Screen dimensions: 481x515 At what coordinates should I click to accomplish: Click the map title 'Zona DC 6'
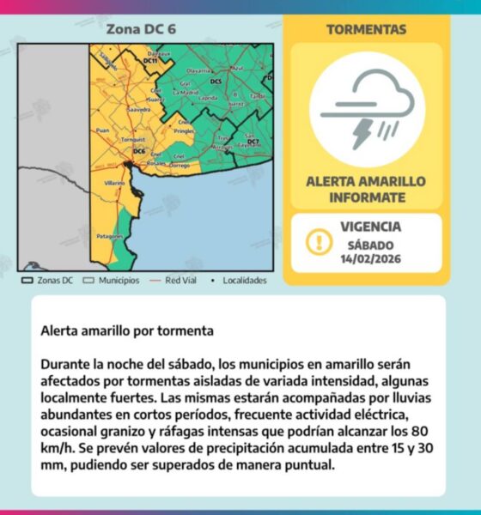(x=141, y=28)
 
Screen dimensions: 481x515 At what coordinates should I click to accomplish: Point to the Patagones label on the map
(x=110, y=235)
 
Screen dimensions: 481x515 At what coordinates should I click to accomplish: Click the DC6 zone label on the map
(x=139, y=152)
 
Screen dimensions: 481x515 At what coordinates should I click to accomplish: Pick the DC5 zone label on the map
(x=216, y=82)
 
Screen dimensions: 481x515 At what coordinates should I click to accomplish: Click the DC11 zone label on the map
(x=150, y=61)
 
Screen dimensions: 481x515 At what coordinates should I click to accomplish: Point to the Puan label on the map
(x=103, y=130)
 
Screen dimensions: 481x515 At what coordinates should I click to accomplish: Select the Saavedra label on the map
(x=137, y=111)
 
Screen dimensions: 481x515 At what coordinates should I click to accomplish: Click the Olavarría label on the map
(x=199, y=70)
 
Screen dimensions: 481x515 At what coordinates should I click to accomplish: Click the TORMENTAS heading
(x=367, y=29)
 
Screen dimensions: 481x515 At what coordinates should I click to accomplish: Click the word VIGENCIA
(x=370, y=227)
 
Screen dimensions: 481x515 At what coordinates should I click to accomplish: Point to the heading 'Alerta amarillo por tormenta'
(x=127, y=330)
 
